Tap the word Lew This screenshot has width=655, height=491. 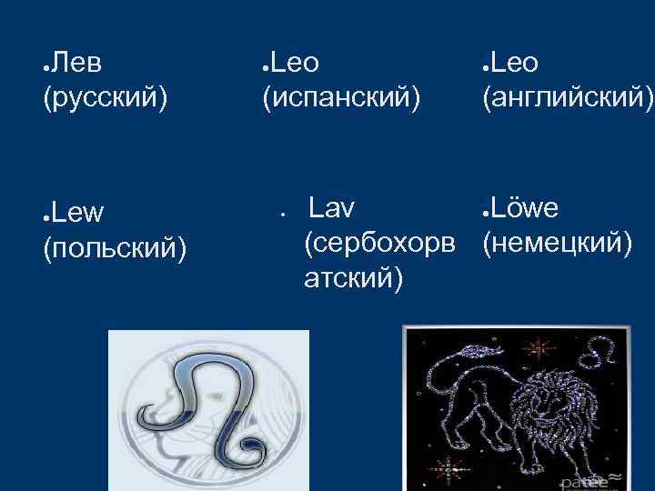point(78,213)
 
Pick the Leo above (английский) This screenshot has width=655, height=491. point(515,63)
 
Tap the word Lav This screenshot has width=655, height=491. point(331,209)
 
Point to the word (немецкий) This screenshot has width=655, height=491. point(557,243)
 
